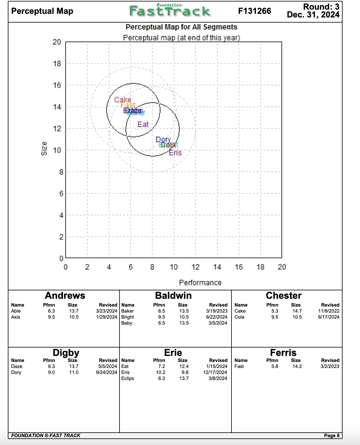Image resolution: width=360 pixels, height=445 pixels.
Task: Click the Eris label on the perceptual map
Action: coord(175,153)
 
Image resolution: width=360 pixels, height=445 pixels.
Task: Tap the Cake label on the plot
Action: coord(123,100)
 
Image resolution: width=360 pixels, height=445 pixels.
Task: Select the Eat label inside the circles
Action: coord(143,124)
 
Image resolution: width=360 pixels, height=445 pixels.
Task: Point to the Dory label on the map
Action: coord(163,140)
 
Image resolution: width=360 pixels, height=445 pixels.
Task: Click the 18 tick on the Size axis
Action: coord(57,64)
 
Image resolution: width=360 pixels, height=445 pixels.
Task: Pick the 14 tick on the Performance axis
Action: coord(217,267)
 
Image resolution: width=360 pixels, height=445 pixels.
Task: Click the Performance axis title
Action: coord(200,283)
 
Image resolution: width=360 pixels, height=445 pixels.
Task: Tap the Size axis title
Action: coord(44,148)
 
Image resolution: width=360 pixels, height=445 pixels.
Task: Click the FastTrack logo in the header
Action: coord(170,11)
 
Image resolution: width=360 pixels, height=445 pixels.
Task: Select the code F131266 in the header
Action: coord(254,11)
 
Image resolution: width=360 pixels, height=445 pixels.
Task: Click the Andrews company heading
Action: coord(65,295)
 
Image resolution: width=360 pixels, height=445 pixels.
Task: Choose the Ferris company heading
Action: coord(283,353)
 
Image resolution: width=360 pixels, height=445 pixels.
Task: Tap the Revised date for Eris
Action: coord(215,372)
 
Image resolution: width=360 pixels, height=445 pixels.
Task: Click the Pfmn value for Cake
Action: coord(275,311)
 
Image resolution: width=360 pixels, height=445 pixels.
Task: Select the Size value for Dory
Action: coord(74,372)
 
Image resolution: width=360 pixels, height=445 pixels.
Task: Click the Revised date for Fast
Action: coord(330,366)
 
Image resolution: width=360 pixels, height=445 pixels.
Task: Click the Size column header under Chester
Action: coord(296,305)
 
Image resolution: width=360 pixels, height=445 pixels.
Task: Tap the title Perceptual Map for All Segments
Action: coord(181,27)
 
